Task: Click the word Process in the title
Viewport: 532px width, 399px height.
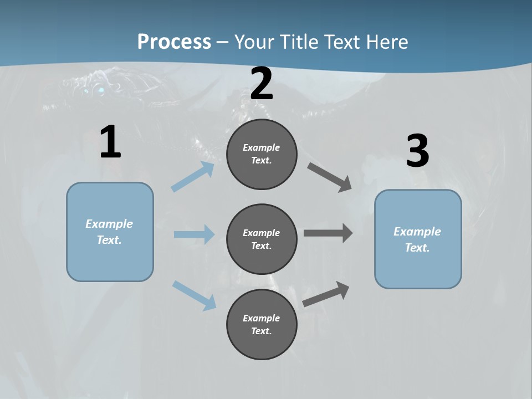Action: click(174, 42)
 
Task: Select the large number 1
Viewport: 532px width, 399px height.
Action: click(110, 142)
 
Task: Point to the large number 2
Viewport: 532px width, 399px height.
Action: click(262, 84)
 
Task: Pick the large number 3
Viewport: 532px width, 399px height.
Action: click(417, 151)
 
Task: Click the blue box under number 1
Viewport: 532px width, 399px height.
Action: click(110, 232)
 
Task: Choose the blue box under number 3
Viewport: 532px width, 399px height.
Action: click(418, 239)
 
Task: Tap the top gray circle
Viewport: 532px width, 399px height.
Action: click(262, 154)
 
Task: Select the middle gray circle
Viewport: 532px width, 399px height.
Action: click(262, 239)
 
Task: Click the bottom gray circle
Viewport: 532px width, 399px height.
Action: click(262, 324)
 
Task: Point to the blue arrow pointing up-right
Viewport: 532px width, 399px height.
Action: click(193, 177)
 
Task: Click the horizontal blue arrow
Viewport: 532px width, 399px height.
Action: click(194, 234)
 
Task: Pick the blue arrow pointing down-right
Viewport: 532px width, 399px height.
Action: click(194, 295)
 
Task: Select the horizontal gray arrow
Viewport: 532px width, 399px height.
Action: click(328, 233)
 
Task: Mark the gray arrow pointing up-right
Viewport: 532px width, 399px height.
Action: click(326, 294)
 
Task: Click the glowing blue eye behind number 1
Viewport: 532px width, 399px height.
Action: click(100, 90)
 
